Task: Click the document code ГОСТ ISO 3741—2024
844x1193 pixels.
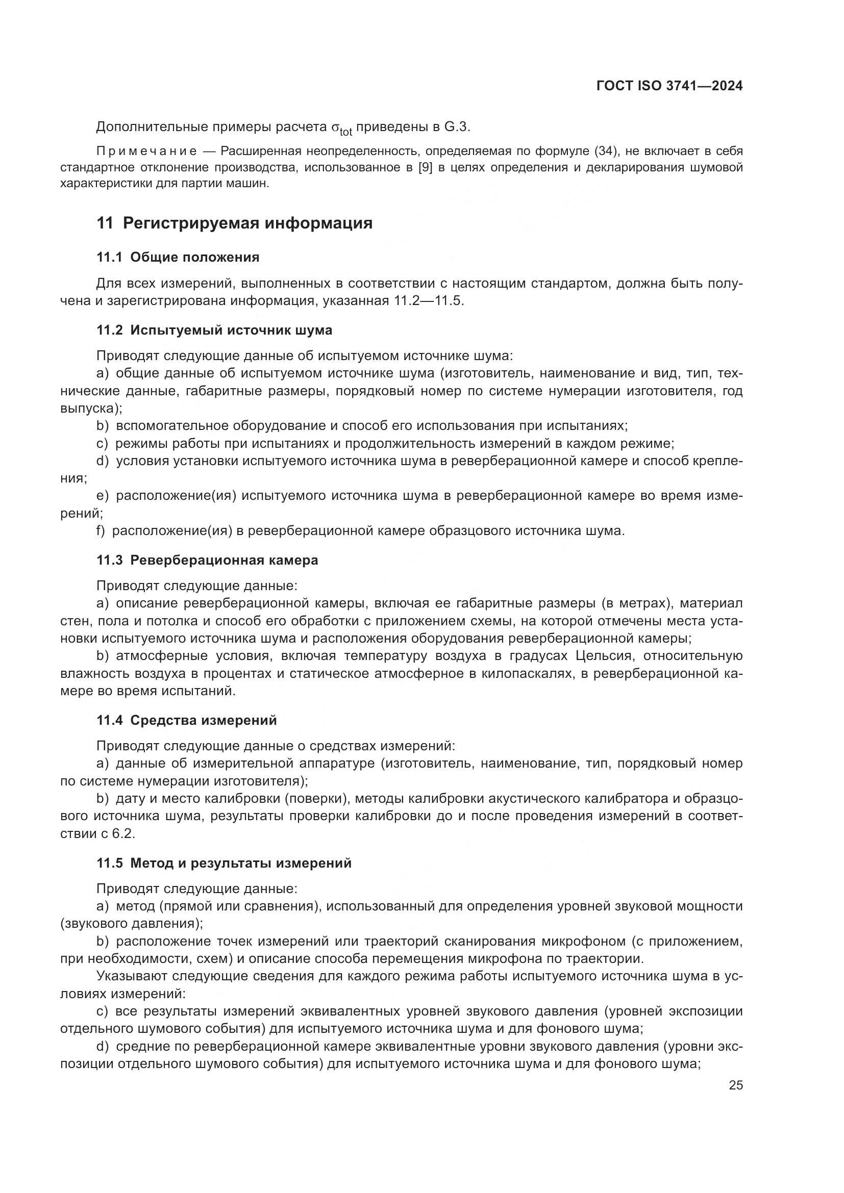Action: pyautogui.click(x=669, y=86)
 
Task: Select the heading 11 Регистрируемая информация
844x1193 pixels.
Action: pyautogui.click(x=234, y=223)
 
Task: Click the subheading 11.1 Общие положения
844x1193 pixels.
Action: pyautogui.click(x=178, y=257)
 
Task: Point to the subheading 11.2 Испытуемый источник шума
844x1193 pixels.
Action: pyautogui.click(x=214, y=330)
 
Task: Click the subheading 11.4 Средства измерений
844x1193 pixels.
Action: pyautogui.click(x=187, y=720)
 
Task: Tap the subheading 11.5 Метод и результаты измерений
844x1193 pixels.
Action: pyautogui.click(x=224, y=863)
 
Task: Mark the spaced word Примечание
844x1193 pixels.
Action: pyautogui.click(x=146, y=151)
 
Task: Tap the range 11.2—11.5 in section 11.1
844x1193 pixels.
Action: pyautogui.click(x=426, y=301)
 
